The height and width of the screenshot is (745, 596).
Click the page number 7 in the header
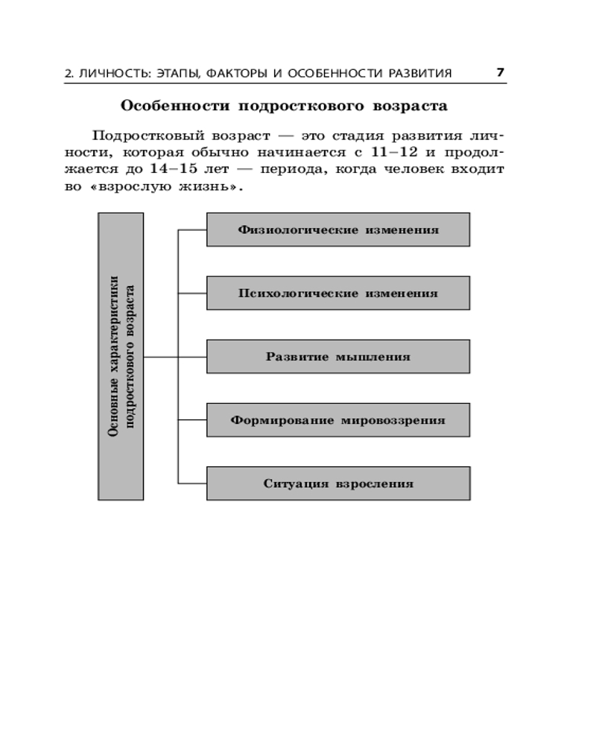(x=501, y=72)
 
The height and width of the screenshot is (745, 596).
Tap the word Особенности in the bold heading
(x=164, y=106)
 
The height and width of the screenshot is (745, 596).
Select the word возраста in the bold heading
(x=411, y=106)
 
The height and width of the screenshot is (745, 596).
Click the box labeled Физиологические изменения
(x=338, y=229)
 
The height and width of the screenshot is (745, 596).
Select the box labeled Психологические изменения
(x=338, y=293)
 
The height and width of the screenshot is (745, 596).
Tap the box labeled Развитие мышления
(x=338, y=356)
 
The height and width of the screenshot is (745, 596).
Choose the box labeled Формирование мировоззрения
(x=338, y=419)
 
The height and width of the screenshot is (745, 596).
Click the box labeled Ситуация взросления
(x=338, y=483)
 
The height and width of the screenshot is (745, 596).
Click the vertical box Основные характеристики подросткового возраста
(x=121, y=356)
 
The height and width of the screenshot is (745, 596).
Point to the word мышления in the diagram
(x=373, y=357)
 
